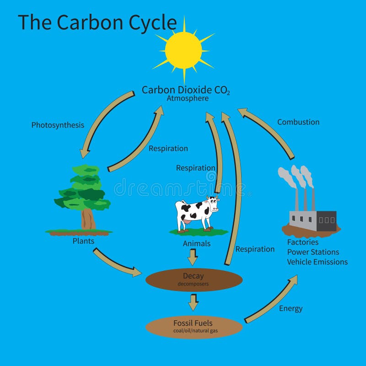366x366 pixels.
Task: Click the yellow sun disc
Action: pos(183,50)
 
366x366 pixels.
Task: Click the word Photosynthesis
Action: pos(58,125)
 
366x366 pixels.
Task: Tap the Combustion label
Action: pos(298,122)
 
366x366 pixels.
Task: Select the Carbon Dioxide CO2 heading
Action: pos(185,90)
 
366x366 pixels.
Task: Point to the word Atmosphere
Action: pos(188,98)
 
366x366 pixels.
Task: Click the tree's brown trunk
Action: pos(88,219)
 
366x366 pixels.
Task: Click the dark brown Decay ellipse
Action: pos(194,280)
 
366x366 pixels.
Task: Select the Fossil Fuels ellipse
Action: pos(194,327)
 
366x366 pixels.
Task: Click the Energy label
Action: pos(291,308)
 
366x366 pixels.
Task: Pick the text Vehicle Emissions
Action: pos(317,262)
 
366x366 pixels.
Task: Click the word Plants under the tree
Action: pos(83,241)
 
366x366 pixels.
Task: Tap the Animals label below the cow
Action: pos(197,244)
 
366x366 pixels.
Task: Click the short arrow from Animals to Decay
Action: pos(193,258)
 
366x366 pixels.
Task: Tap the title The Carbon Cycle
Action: pos(97,22)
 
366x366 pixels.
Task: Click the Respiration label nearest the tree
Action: pos(168,149)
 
